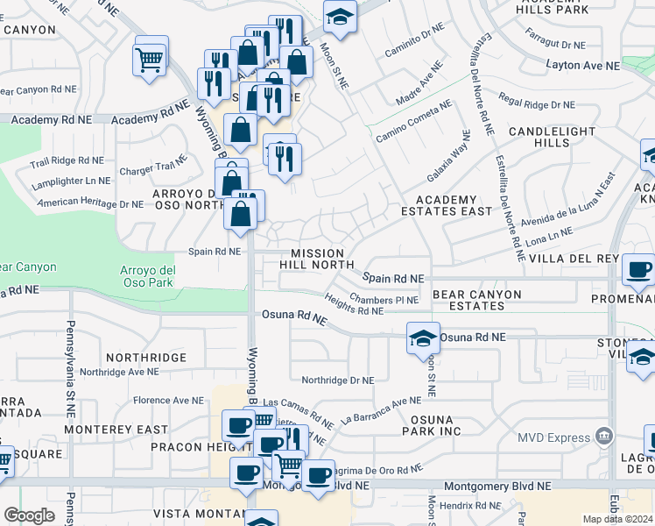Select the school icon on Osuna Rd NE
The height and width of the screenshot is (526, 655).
(x=422, y=338)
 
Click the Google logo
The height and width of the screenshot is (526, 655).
(x=29, y=515)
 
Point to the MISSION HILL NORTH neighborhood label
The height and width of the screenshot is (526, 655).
(x=317, y=259)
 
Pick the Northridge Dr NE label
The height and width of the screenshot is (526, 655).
(x=337, y=380)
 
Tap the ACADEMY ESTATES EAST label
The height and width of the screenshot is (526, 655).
(x=446, y=205)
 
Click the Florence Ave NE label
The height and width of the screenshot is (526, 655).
(x=168, y=400)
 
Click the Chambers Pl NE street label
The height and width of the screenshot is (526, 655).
(x=384, y=300)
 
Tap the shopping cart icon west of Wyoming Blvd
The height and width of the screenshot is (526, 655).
(x=150, y=60)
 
